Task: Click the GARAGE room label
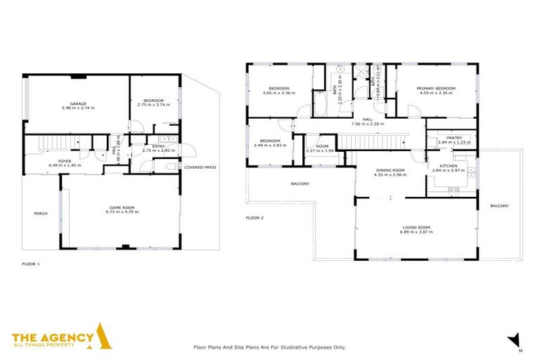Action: [78, 103]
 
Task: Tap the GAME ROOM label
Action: [122, 206]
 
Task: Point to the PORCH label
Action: [41, 213]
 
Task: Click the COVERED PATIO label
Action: [200, 167]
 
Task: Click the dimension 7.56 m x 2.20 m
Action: [367, 124]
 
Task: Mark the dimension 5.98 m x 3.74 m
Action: [78, 108]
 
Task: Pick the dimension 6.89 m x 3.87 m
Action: [416, 232]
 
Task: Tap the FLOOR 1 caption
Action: [31, 264]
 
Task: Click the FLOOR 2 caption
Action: [255, 218]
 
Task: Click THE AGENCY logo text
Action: [53, 338]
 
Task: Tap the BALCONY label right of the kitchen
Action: [499, 206]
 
